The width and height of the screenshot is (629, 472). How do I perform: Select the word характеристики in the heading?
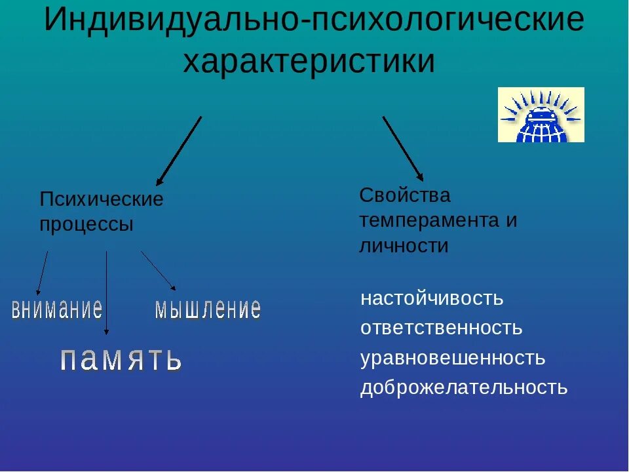309,62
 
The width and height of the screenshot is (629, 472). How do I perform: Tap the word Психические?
102,199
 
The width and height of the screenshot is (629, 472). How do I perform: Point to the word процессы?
86,224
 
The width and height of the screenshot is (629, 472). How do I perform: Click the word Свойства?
405,195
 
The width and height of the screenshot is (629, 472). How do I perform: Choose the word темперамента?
429,220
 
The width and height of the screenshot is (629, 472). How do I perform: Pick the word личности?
404,246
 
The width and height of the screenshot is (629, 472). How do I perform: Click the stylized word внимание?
57,308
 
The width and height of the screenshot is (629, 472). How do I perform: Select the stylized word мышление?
208,308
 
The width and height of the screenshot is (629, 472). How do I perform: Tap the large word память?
121,359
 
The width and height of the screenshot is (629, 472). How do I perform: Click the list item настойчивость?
432,299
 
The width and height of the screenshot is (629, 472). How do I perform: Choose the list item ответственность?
441,328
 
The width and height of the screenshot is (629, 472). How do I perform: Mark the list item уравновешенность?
453,358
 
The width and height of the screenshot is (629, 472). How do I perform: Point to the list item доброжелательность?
463,387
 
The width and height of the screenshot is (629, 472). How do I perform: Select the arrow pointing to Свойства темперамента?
403,149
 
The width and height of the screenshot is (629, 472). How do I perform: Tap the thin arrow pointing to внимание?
42,273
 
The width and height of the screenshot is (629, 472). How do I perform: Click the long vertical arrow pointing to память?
106,292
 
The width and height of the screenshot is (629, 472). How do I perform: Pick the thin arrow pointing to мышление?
158,270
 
